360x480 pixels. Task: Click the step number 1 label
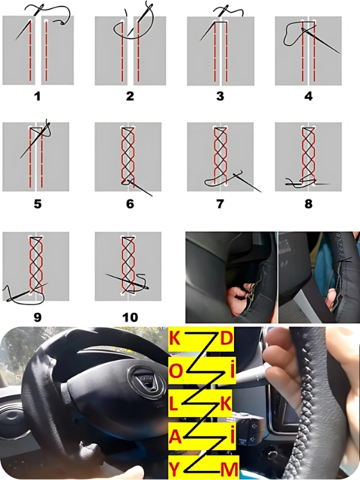coord(37,97)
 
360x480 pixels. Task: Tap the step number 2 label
coord(130,97)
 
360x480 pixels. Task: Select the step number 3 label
coord(220,97)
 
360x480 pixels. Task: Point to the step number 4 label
coord(308,97)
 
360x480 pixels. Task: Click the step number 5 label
coord(37,204)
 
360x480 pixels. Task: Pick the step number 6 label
coord(130,204)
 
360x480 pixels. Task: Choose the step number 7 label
coord(220,204)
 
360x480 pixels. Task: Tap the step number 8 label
coord(308,204)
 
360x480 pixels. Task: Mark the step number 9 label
coord(37,317)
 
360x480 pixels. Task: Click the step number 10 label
coord(130,317)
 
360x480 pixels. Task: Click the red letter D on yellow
coord(227,338)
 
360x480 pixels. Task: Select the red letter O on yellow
coord(176,371)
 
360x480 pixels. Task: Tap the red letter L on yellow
coord(173,404)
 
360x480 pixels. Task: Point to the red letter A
coord(175,437)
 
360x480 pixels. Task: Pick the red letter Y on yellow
coord(174,470)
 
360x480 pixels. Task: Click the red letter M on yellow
coord(229,470)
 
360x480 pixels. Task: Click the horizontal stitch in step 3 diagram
coord(221,23)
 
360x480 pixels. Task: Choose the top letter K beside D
coord(175,338)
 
